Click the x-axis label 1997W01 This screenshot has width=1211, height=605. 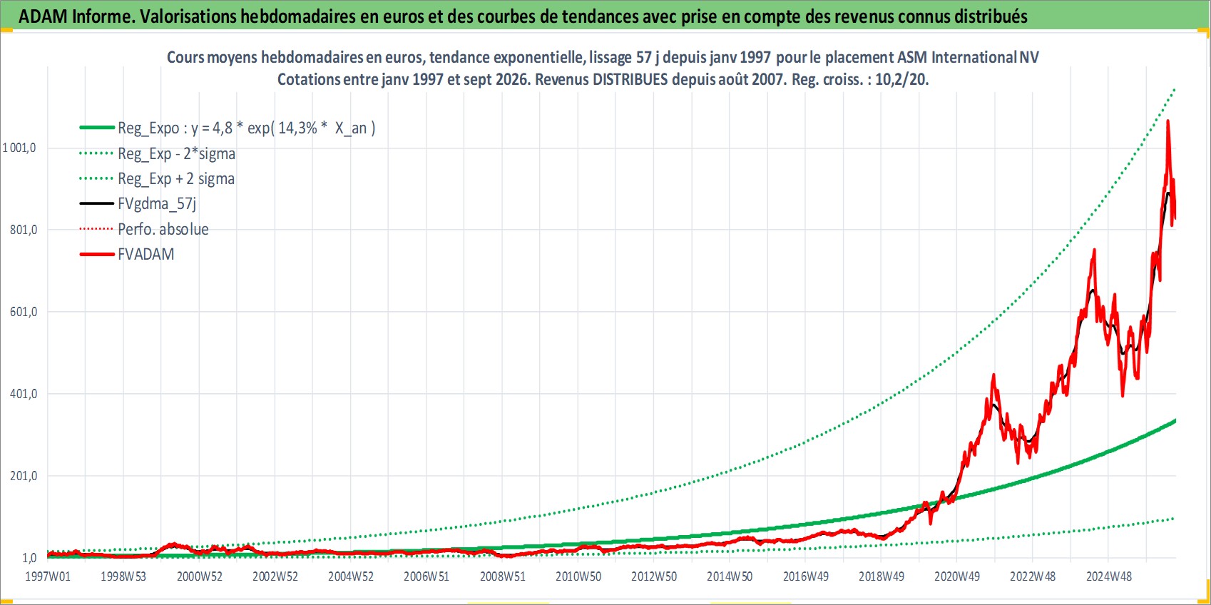tap(48, 576)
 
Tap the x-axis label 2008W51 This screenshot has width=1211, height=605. tap(503, 576)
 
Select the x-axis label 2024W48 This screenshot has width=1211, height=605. tap(1109, 576)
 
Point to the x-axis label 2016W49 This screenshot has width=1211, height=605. tap(805, 576)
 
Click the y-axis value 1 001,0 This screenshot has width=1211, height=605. tap(19, 148)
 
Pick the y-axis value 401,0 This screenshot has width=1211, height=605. tap(24, 394)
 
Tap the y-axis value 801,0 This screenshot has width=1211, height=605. tap(24, 230)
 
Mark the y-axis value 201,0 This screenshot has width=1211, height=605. tap(24, 476)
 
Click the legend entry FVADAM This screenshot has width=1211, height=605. tap(146, 254)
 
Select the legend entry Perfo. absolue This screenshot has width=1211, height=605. tap(163, 229)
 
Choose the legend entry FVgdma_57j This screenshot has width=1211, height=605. tap(157, 204)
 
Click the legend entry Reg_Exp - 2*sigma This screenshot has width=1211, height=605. tap(177, 153)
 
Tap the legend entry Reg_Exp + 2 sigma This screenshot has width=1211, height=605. tap(176, 178)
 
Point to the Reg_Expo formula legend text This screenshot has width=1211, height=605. tap(247, 128)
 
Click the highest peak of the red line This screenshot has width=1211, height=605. tap(1168, 121)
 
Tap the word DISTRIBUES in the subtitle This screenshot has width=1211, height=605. tap(630, 79)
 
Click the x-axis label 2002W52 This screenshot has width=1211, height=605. tap(275, 576)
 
